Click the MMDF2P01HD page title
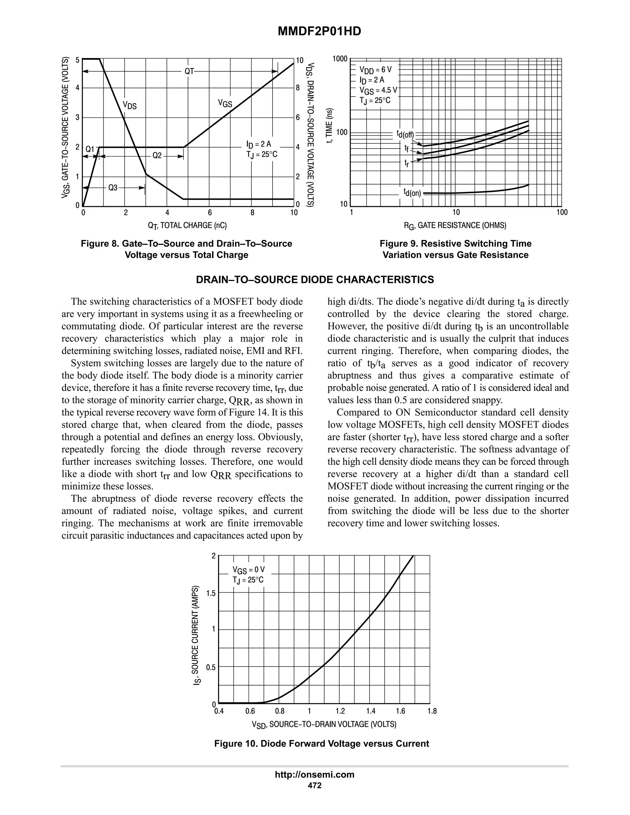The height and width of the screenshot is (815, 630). point(319,32)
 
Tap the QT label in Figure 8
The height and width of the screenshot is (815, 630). point(189,71)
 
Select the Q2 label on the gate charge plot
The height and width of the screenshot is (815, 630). point(157,156)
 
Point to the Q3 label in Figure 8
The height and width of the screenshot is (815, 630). point(113,188)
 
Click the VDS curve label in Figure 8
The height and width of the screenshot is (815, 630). point(130,105)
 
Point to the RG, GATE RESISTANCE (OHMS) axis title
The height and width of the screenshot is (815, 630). point(455,225)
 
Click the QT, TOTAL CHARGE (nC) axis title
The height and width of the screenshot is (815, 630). point(187,225)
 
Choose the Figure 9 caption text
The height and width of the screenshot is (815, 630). point(455,249)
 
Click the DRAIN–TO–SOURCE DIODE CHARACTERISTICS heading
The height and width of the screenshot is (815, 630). point(315,280)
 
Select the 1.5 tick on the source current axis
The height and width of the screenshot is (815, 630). point(211,593)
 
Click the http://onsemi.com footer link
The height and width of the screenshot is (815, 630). point(315,774)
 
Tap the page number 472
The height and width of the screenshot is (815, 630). point(315,785)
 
